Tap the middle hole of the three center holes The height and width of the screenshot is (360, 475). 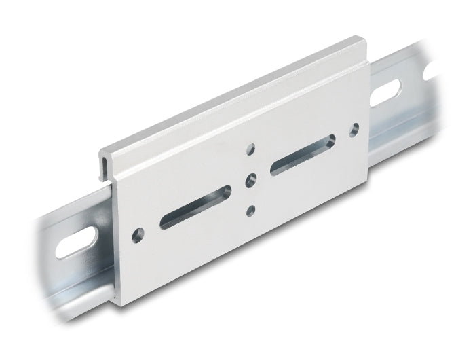coord(251,179)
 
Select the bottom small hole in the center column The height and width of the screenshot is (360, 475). coord(251,211)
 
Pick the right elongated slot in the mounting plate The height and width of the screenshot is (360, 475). coord(302,156)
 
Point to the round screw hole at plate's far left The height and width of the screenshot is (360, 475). coord(139,234)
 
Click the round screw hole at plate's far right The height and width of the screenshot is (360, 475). coord(354,129)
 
